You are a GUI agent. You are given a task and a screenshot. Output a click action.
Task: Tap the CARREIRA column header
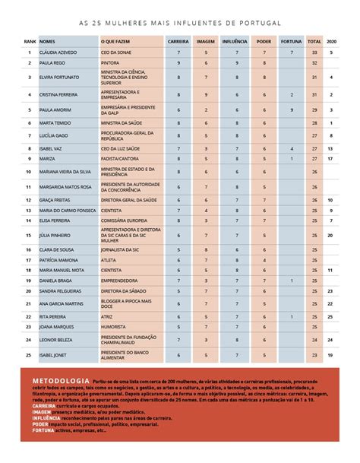point(178,40)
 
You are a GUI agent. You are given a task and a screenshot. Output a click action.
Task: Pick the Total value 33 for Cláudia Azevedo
point(314,52)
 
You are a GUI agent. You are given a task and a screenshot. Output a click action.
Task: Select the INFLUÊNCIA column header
point(235,40)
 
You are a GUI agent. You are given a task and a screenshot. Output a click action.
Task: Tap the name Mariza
point(47,158)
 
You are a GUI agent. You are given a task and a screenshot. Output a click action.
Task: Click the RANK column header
point(30,40)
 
